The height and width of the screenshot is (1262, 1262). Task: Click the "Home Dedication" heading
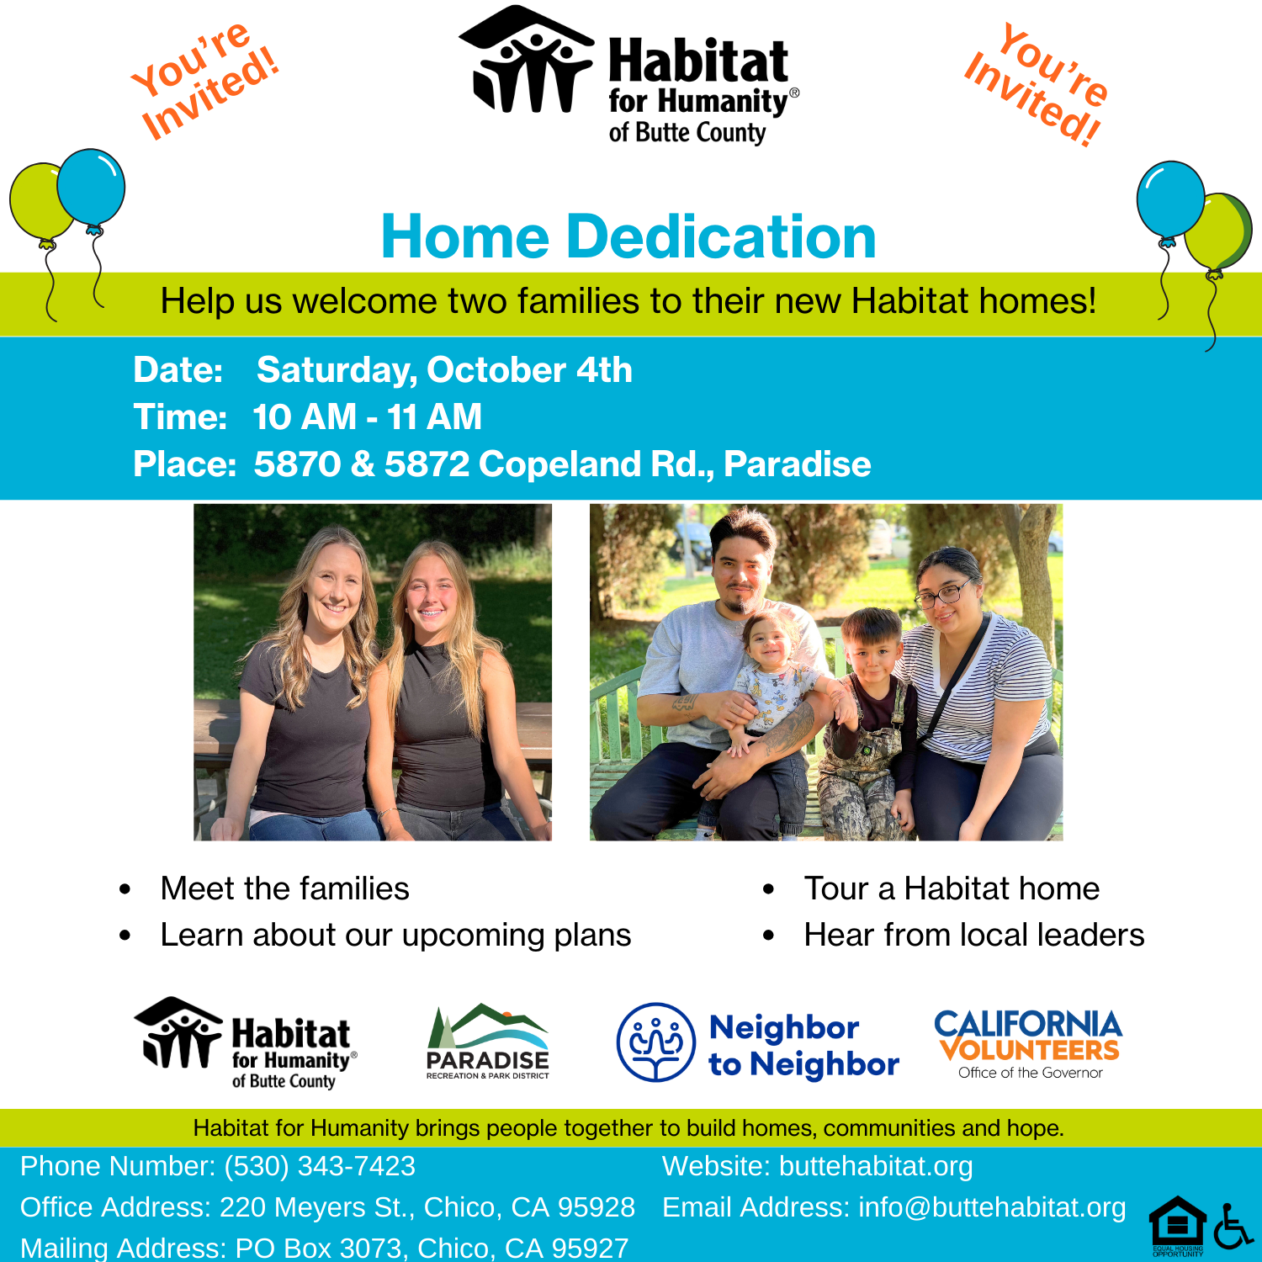point(628,236)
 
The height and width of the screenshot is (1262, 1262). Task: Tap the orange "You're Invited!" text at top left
point(204,80)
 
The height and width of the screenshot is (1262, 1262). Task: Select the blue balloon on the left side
point(91,188)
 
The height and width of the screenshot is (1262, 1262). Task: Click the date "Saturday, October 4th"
point(444,370)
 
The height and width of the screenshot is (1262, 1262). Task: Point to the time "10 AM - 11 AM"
point(367,417)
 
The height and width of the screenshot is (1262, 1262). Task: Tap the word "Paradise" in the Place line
point(797,464)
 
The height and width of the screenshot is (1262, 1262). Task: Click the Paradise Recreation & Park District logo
point(488,1042)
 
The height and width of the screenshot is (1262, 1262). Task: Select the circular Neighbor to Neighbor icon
point(656,1042)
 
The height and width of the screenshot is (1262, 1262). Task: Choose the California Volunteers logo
point(1028,1044)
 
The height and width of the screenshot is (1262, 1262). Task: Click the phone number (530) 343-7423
point(320,1166)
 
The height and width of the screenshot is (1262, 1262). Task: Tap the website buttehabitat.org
point(876,1166)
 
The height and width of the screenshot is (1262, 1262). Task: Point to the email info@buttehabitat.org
point(992,1207)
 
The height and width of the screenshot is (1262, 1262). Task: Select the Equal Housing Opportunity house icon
point(1178,1226)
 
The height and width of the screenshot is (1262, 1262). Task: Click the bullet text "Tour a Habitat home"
point(952,888)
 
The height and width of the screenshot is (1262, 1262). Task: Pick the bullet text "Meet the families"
point(284,888)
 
